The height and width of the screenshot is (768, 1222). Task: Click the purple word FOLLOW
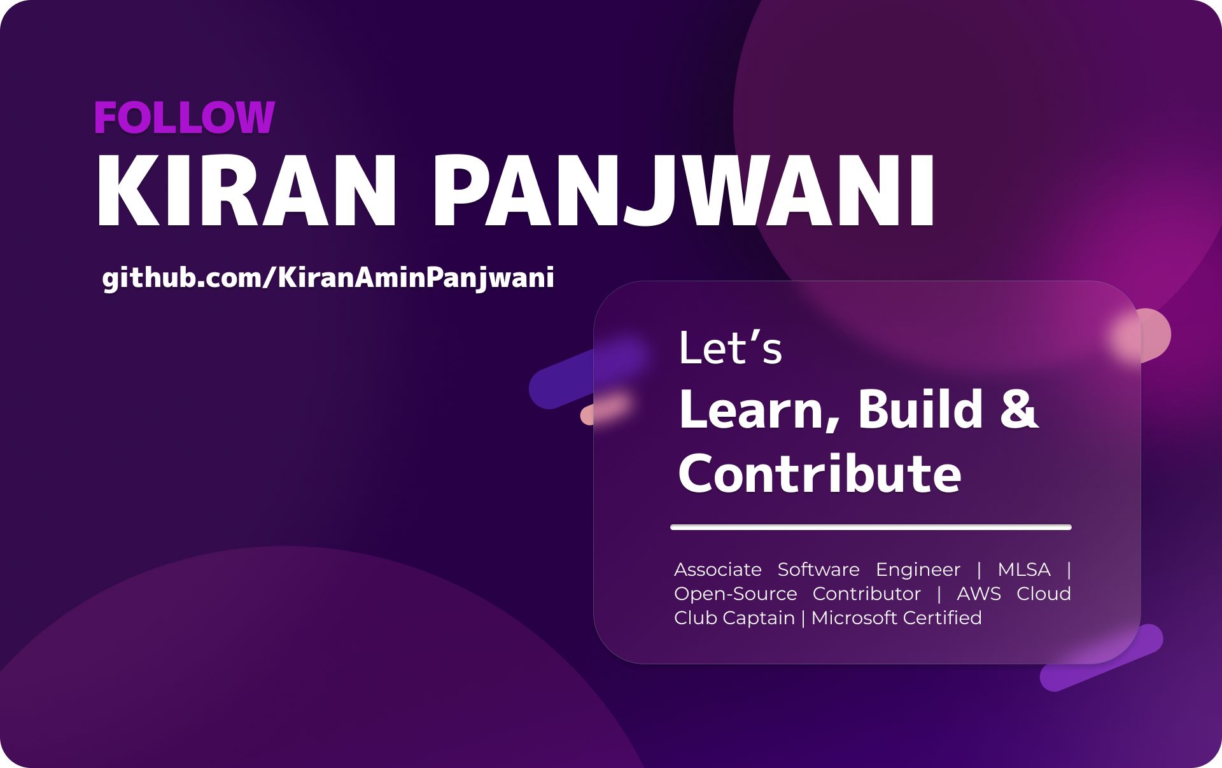click(184, 118)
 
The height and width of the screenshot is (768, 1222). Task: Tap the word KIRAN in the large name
click(246, 191)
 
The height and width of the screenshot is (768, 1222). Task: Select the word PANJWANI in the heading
click(684, 191)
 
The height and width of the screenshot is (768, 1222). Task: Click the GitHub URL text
click(328, 278)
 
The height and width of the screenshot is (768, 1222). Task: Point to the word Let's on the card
click(730, 348)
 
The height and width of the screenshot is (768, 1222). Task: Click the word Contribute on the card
click(820, 474)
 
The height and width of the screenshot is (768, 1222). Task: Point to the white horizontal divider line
click(871, 527)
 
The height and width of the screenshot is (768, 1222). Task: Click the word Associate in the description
click(718, 569)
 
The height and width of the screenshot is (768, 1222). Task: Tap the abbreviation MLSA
click(1024, 569)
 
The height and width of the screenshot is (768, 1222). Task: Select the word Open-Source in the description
click(735, 594)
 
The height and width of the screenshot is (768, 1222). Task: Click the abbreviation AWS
click(979, 594)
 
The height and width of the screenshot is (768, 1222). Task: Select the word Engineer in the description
click(918, 569)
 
